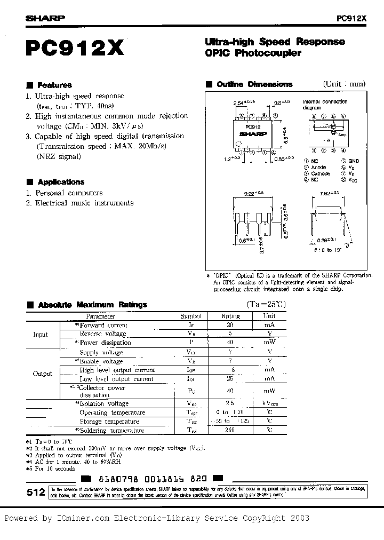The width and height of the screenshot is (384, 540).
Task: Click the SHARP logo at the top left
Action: pos(45,18)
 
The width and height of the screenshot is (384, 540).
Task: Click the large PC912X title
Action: pos(75,49)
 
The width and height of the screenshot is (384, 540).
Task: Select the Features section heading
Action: pos(54,85)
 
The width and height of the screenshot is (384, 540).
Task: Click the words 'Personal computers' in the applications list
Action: pos(69,193)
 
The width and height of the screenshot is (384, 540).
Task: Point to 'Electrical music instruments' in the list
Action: pos(84,203)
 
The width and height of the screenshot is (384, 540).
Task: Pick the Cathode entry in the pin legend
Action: pos(321,173)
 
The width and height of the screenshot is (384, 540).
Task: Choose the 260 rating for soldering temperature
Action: pos(230,430)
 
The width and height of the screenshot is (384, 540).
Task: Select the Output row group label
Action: pos(43,374)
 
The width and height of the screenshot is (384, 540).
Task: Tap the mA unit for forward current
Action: pos(270,324)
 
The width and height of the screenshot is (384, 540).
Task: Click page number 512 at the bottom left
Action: pos(36,494)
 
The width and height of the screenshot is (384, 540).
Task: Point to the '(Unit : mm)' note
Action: pos(344,84)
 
